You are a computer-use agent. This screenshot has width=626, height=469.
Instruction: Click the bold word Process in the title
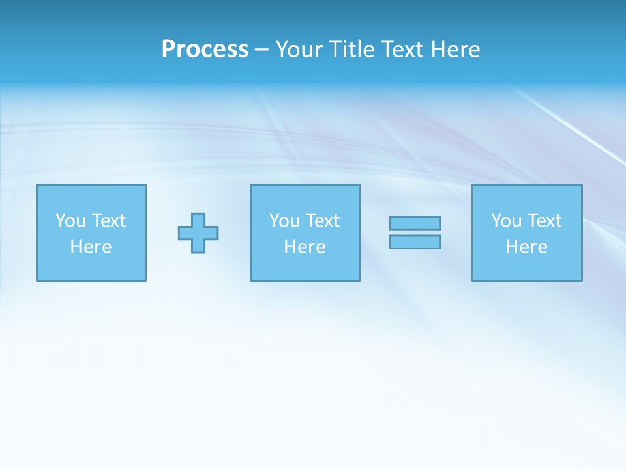point(205,50)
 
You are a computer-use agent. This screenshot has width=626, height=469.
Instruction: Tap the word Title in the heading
point(351,50)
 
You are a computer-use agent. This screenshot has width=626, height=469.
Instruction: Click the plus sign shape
point(198,233)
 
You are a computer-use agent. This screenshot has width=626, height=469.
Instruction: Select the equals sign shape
point(415,233)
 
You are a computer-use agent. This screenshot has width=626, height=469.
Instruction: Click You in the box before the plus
point(70,221)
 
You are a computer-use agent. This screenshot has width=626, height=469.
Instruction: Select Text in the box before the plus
point(108,221)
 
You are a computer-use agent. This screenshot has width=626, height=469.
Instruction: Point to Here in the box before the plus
point(91,247)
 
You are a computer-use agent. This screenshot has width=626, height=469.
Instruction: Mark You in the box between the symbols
point(284,221)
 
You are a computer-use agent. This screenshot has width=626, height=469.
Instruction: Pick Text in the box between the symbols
point(322,221)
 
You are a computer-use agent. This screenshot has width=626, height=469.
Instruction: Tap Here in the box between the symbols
point(305,247)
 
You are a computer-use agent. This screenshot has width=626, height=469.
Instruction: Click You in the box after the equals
point(506,221)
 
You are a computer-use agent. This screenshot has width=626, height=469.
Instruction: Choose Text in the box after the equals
point(544,221)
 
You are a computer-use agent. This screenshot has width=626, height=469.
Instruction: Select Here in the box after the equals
point(527,247)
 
